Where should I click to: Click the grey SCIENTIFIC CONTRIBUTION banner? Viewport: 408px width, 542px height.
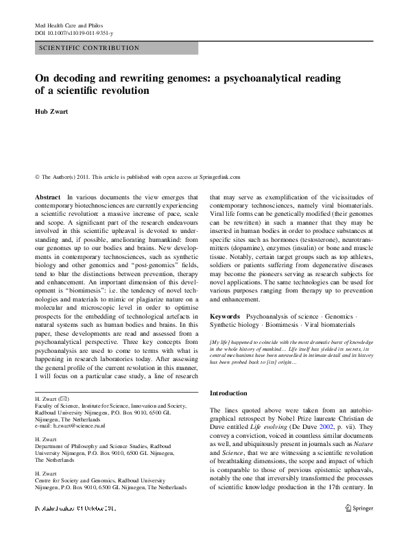pos(116,49)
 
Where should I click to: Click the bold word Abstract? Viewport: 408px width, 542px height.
pos(47,197)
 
